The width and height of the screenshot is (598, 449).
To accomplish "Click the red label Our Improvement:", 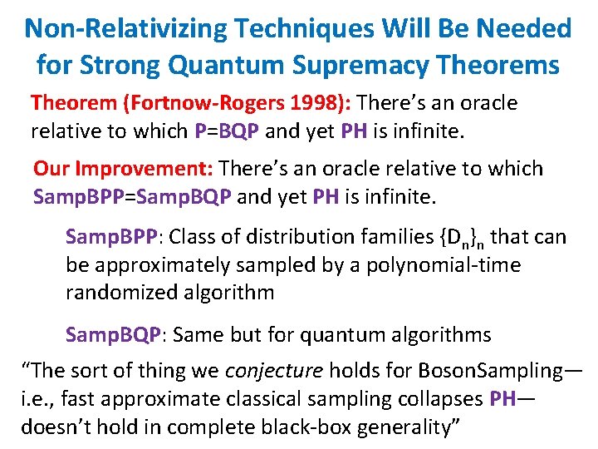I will coord(124,169).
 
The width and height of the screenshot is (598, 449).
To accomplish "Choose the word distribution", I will coord(287,237).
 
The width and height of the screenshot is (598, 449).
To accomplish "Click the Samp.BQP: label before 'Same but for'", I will coord(116,335).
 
